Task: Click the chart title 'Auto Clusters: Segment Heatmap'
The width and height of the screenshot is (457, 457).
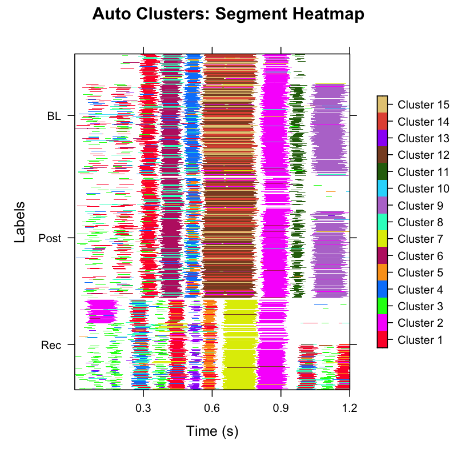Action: tap(228, 15)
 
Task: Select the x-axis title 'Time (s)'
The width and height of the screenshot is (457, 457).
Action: tap(212, 431)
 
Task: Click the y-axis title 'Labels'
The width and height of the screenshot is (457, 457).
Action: tap(20, 222)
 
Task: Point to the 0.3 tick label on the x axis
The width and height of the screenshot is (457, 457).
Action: tap(143, 408)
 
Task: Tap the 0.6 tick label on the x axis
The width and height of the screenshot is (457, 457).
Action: tap(212, 408)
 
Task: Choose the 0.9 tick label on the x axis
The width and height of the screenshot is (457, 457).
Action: tap(280, 408)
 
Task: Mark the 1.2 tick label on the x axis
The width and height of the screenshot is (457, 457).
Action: tap(350, 408)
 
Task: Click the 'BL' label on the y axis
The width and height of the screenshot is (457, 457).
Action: tap(54, 116)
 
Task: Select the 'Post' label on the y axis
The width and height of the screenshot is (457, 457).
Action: tap(50, 238)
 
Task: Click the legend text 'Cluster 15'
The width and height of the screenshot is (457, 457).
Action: tap(423, 105)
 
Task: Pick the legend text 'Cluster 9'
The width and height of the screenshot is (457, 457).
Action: tap(421, 206)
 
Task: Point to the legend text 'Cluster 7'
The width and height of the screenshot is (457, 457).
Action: tap(421, 239)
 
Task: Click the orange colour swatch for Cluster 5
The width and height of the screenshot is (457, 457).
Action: tap(382, 272)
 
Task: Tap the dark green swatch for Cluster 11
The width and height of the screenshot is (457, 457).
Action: tap(382, 172)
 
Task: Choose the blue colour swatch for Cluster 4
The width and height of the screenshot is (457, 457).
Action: tap(382, 290)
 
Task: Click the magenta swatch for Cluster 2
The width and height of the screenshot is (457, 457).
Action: tap(382, 323)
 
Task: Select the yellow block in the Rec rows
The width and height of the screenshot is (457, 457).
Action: tap(240, 348)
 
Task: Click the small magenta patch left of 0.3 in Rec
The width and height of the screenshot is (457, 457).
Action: tap(101, 311)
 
